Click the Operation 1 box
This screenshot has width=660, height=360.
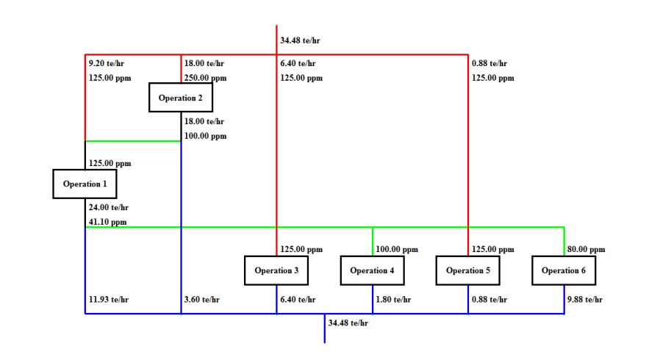click(x=85, y=184)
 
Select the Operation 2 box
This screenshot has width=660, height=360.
click(x=181, y=98)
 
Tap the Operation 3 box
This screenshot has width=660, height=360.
click(x=276, y=270)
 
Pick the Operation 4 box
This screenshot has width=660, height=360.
click(x=372, y=270)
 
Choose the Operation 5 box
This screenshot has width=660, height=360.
click(x=467, y=270)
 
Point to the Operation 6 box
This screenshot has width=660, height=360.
click(x=564, y=270)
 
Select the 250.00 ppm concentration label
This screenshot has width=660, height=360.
click(x=205, y=78)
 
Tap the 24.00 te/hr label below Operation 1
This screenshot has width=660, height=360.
click(x=109, y=208)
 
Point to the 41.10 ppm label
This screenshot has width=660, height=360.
click(x=107, y=222)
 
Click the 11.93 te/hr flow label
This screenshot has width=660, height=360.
click(x=109, y=300)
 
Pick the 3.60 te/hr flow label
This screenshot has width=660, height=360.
click(x=202, y=300)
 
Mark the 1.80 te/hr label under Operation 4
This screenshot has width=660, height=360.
click(x=393, y=300)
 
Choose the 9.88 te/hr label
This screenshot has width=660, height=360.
click(x=585, y=300)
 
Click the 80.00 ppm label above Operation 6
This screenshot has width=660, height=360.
click(x=586, y=250)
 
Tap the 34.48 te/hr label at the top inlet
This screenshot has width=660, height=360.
click(x=300, y=40)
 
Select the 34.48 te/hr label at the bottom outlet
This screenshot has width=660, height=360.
click(x=348, y=323)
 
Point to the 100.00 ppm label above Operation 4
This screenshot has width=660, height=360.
click(x=397, y=250)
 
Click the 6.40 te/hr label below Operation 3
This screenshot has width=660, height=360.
click(x=298, y=300)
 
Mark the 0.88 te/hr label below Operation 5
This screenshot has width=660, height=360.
click(x=489, y=300)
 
